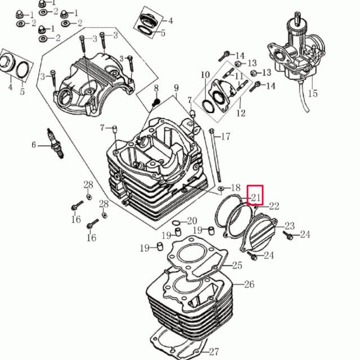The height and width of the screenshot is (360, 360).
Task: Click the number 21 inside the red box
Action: [x=256, y=197]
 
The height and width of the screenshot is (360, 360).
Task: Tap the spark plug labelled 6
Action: [x=55, y=143]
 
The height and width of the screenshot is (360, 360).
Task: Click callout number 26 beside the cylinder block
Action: [x=249, y=284]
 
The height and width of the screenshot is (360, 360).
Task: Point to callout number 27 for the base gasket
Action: [x=214, y=352]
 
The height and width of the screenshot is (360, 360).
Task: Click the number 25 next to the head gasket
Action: [x=237, y=265]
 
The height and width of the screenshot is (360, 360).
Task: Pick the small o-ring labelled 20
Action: [x=176, y=223]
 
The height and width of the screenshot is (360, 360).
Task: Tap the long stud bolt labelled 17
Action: [x=215, y=156]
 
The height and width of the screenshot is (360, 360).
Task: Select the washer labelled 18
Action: [x=221, y=188]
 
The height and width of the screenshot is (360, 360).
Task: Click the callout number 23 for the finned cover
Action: [x=290, y=226]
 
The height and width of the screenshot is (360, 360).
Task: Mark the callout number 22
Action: [x=274, y=206]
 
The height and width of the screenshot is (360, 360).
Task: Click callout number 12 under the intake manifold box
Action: [x=241, y=112]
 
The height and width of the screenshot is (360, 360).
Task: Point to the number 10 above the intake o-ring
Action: [x=205, y=75]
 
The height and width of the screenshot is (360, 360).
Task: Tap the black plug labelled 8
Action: [x=156, y=102]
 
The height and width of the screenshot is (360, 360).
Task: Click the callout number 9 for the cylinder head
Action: [x=176, y=88]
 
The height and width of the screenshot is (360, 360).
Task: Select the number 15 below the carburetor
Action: [x=313, y=93]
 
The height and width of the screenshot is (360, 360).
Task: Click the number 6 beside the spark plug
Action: [x=34, y=145]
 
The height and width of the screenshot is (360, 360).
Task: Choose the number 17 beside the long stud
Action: [x=226, y=136]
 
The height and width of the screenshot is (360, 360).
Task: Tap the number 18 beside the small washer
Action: [x=236, y=187]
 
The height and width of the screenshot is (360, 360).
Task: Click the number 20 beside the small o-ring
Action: [x=192, y=221]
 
